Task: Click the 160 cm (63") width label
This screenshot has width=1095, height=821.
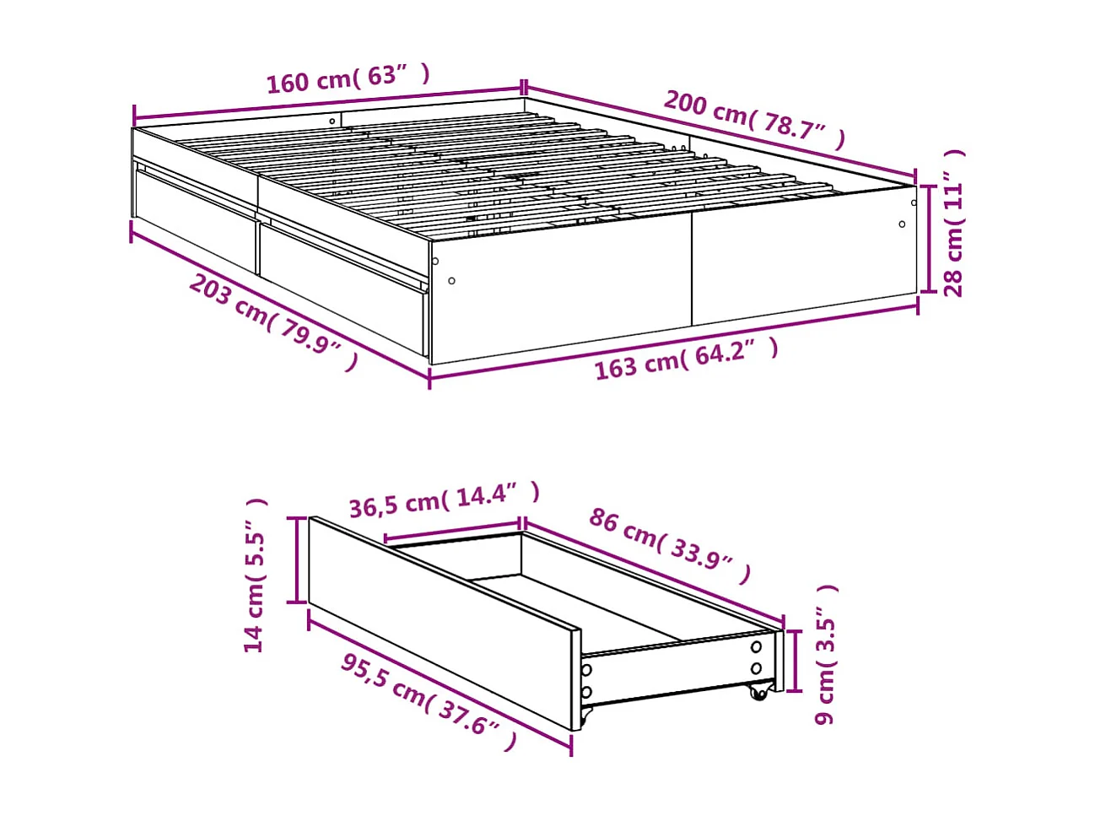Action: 348,78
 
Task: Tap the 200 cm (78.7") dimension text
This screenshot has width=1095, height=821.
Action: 753,118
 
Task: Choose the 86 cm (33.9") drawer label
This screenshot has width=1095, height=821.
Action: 669,545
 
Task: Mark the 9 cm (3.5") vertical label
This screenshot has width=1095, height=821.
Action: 826,654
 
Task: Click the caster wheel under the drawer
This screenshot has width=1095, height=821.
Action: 759,692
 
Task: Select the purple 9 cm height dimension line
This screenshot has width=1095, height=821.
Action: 794,660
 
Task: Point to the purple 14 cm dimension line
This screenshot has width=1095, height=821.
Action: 296,559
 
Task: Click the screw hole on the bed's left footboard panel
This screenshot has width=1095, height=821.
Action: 452,281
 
